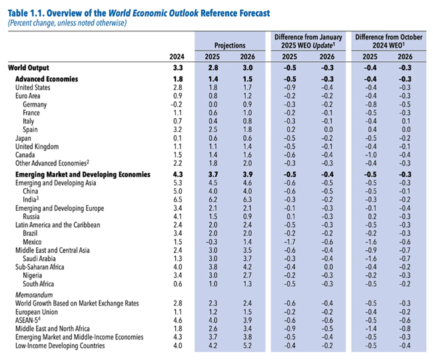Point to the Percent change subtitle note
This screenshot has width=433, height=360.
(x=67, y=23)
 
